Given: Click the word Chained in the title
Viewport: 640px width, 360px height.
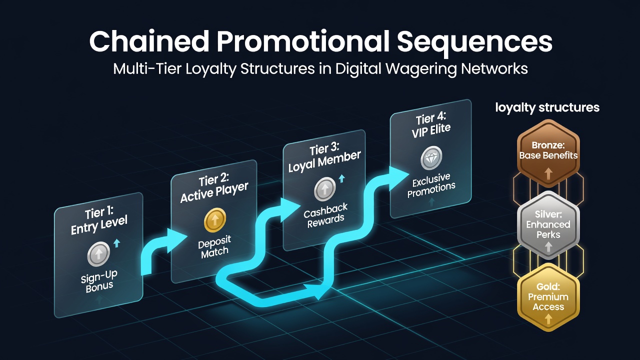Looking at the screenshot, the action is pyautogui.click(x=149, y=41).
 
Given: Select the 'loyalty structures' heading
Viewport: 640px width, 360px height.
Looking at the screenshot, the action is pyautogui.click(x=547, y=108).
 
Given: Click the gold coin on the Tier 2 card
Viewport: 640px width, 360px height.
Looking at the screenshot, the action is pyautogui.click(x=215, y=219).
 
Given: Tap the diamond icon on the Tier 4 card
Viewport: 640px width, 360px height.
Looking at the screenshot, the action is pyautogui.click(x=431, y=157).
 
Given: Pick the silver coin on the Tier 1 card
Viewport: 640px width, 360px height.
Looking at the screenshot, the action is pyautogui.click(x=98, y=253).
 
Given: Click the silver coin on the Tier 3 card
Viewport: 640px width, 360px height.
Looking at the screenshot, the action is pyautogui.click(x=324, y=189).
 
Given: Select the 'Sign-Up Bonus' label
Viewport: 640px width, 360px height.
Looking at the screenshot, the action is pyautogui.click(x=99, y=281).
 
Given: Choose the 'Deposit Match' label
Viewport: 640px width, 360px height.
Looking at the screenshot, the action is pyautogui.click(x=214, y=247).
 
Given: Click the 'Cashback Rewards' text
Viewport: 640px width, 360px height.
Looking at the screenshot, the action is pyautogui.click(x=325, y=215).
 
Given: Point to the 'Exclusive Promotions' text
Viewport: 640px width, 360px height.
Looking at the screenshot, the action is pyautogui.click(x=431, y=185).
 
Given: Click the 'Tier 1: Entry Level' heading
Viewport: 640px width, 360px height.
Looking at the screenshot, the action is pyautogui.click(x=99, y=221).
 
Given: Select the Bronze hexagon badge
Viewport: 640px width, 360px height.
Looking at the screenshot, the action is pyautogui.click(x=548, y=153).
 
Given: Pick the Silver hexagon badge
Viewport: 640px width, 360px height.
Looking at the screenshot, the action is pyautogui.click(x=548, y=225).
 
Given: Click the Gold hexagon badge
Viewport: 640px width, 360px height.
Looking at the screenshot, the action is pyautogui.click(x=548, y=297).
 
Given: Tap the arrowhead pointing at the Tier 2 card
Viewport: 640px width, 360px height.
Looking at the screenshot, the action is pyautogui.click(x=176, y=240).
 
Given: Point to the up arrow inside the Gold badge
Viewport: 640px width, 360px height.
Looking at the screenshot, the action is pyautogui.click(x=548, y=319).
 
